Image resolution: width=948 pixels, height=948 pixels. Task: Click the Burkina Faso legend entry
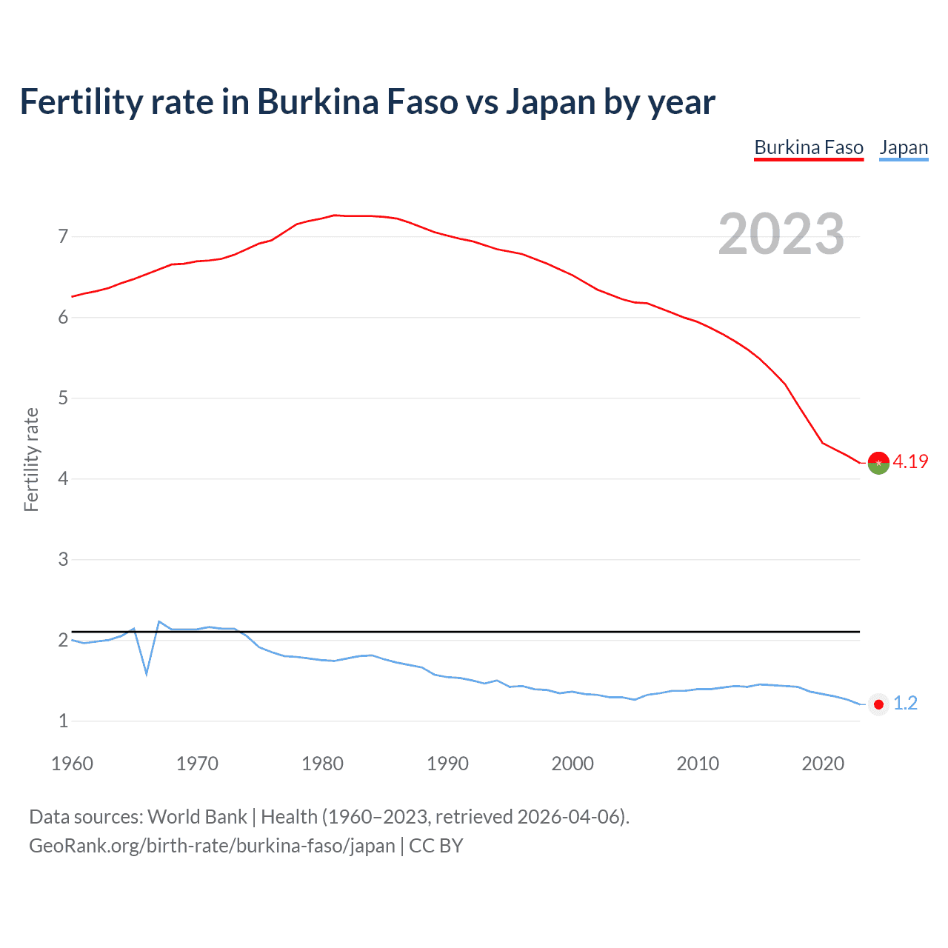(809, 147)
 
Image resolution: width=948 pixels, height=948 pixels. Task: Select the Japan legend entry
(904, 147)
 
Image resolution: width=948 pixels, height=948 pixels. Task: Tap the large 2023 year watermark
(781, 234)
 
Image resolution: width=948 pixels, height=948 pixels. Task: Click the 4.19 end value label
(910, 461)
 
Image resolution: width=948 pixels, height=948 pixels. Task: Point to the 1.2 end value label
(905, 703)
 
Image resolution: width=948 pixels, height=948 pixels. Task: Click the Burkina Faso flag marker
(878, 462)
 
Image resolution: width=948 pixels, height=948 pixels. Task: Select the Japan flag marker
(878, 704)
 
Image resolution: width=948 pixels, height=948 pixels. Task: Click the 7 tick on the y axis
(63, 237)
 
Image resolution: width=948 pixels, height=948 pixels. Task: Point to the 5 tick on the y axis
(63, 398)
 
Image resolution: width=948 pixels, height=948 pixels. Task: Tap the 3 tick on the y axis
(63, 560)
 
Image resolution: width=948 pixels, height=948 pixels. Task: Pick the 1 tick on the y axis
(63, 721)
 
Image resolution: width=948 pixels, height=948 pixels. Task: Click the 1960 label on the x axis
(72, 764)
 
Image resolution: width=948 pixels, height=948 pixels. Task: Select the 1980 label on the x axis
(322, 764)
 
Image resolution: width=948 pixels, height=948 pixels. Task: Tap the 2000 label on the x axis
(573, 764)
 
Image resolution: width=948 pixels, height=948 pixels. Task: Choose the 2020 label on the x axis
(823, 764)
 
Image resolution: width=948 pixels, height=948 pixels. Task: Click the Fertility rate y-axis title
(31, 459)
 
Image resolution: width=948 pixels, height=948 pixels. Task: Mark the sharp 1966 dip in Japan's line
(147, 672)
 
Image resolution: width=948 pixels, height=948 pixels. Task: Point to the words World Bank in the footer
(197, 817)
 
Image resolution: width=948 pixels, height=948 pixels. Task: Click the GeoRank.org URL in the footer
(212, 846)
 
